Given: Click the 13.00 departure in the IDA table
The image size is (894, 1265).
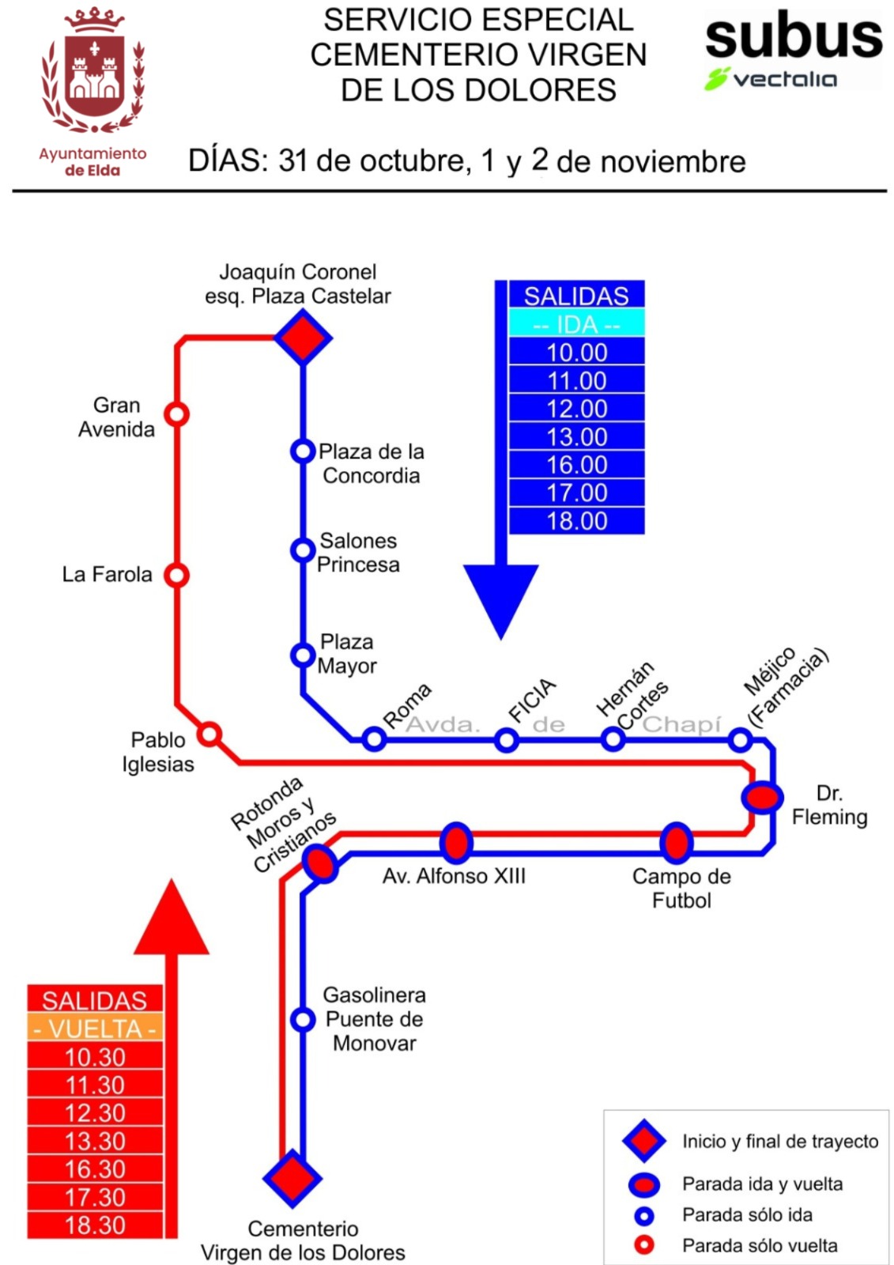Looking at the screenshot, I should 577,436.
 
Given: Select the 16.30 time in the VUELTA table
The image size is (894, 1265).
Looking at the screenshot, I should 95,1169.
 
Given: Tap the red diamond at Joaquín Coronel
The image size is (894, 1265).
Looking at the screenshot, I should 303,338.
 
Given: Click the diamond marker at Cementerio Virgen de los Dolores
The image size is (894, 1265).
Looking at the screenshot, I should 292,1178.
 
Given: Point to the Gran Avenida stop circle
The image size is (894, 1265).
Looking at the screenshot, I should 176,413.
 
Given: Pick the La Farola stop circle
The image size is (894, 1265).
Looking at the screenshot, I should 176,575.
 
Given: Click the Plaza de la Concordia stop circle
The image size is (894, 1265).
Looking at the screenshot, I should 303,451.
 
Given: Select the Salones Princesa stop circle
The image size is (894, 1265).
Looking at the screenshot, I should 303,549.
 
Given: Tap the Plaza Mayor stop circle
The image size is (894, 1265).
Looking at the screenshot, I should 303,655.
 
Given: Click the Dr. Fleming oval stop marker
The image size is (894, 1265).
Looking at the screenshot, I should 762,796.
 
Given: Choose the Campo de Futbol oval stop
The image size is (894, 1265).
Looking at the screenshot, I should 676,843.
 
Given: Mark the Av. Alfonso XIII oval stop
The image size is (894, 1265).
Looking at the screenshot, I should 456,843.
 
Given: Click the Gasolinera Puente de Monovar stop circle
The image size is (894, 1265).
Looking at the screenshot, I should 303,1019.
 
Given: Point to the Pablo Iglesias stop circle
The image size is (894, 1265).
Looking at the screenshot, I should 209,734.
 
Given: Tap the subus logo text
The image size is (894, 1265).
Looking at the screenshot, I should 794,37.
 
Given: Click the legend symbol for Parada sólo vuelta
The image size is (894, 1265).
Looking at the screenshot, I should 645,1245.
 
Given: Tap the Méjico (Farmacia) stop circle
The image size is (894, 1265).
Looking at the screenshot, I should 740,740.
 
